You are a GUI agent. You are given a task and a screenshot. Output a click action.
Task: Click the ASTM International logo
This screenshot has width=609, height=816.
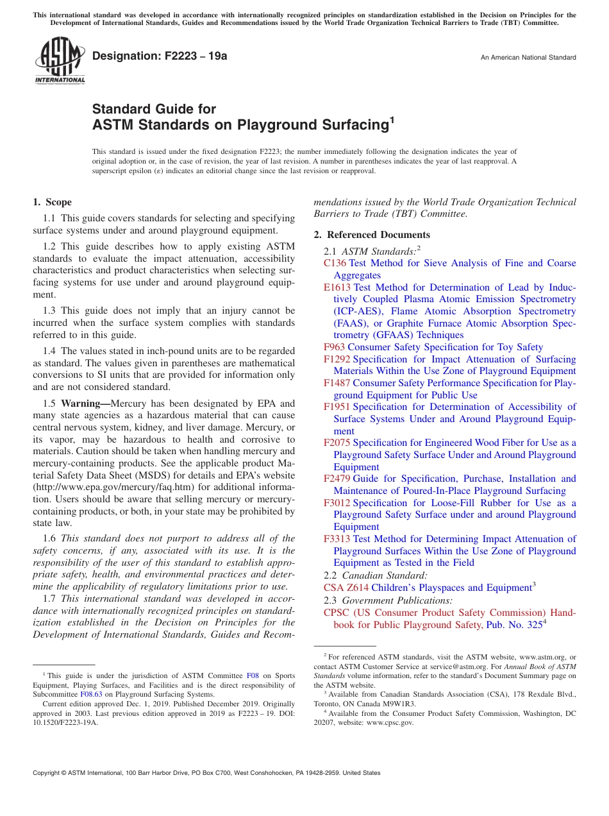click(x=60, y=61)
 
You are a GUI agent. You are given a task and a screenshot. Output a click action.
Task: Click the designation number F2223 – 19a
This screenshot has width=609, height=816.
click(x=160, y=56)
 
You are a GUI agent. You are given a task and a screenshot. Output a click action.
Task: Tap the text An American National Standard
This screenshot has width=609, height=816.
click(x=528, y=58)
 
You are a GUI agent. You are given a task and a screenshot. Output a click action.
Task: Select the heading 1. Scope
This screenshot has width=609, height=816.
click(x=53, y=202)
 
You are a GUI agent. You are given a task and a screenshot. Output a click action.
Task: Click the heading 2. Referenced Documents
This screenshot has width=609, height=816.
click(x=372, y=235)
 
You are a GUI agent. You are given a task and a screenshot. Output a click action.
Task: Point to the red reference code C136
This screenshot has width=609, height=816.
click(x=335, y=263)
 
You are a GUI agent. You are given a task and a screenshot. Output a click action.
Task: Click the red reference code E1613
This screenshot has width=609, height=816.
click(x=337, y=287)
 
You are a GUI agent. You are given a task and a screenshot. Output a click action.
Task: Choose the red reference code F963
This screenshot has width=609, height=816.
click(x=334, y=347)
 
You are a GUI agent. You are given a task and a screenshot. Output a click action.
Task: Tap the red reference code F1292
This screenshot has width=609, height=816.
click(x=337, y=359)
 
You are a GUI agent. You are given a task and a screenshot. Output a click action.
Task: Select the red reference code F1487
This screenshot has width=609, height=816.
click(x=337, y=383)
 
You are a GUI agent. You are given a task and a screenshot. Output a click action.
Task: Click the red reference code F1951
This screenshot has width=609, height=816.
click(x=337, y=407)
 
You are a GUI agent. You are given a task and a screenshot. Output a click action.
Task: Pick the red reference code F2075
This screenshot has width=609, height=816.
click(x=337, y=443)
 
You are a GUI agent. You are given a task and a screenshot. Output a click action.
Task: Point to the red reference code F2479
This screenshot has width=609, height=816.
click(x=337, y=479)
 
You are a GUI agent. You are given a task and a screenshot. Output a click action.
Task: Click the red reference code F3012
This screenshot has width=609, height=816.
click(x=337, y=503)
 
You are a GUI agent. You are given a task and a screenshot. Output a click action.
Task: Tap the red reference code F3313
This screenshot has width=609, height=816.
click(x=337, y=539)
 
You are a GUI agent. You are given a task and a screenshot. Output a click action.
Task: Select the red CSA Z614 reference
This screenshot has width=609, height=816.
click(x=346, y=588)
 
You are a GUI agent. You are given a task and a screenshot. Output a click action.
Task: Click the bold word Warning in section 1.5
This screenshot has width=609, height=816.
click(x=83, y=404)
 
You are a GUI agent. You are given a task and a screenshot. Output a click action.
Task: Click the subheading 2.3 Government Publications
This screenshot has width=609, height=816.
click(x=388, y=600)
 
